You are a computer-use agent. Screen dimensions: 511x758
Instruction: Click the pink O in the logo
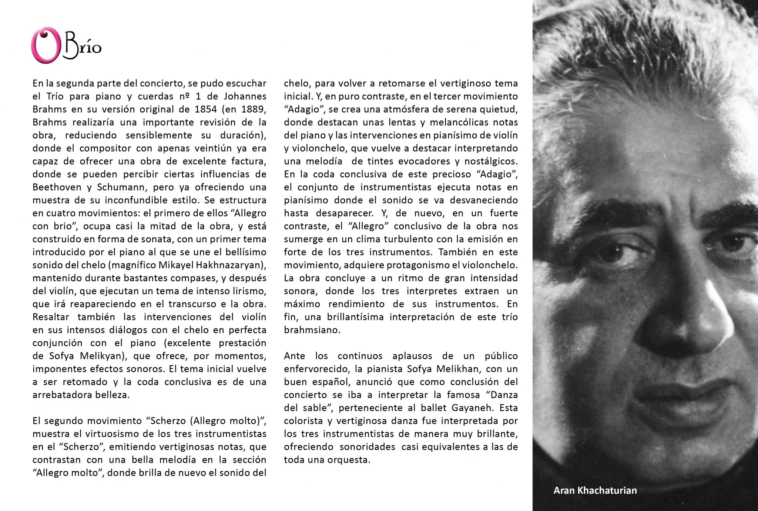point(43,45)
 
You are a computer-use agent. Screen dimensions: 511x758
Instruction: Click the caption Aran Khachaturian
point(595,490)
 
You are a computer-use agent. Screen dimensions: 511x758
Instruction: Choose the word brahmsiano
point(307,330)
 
